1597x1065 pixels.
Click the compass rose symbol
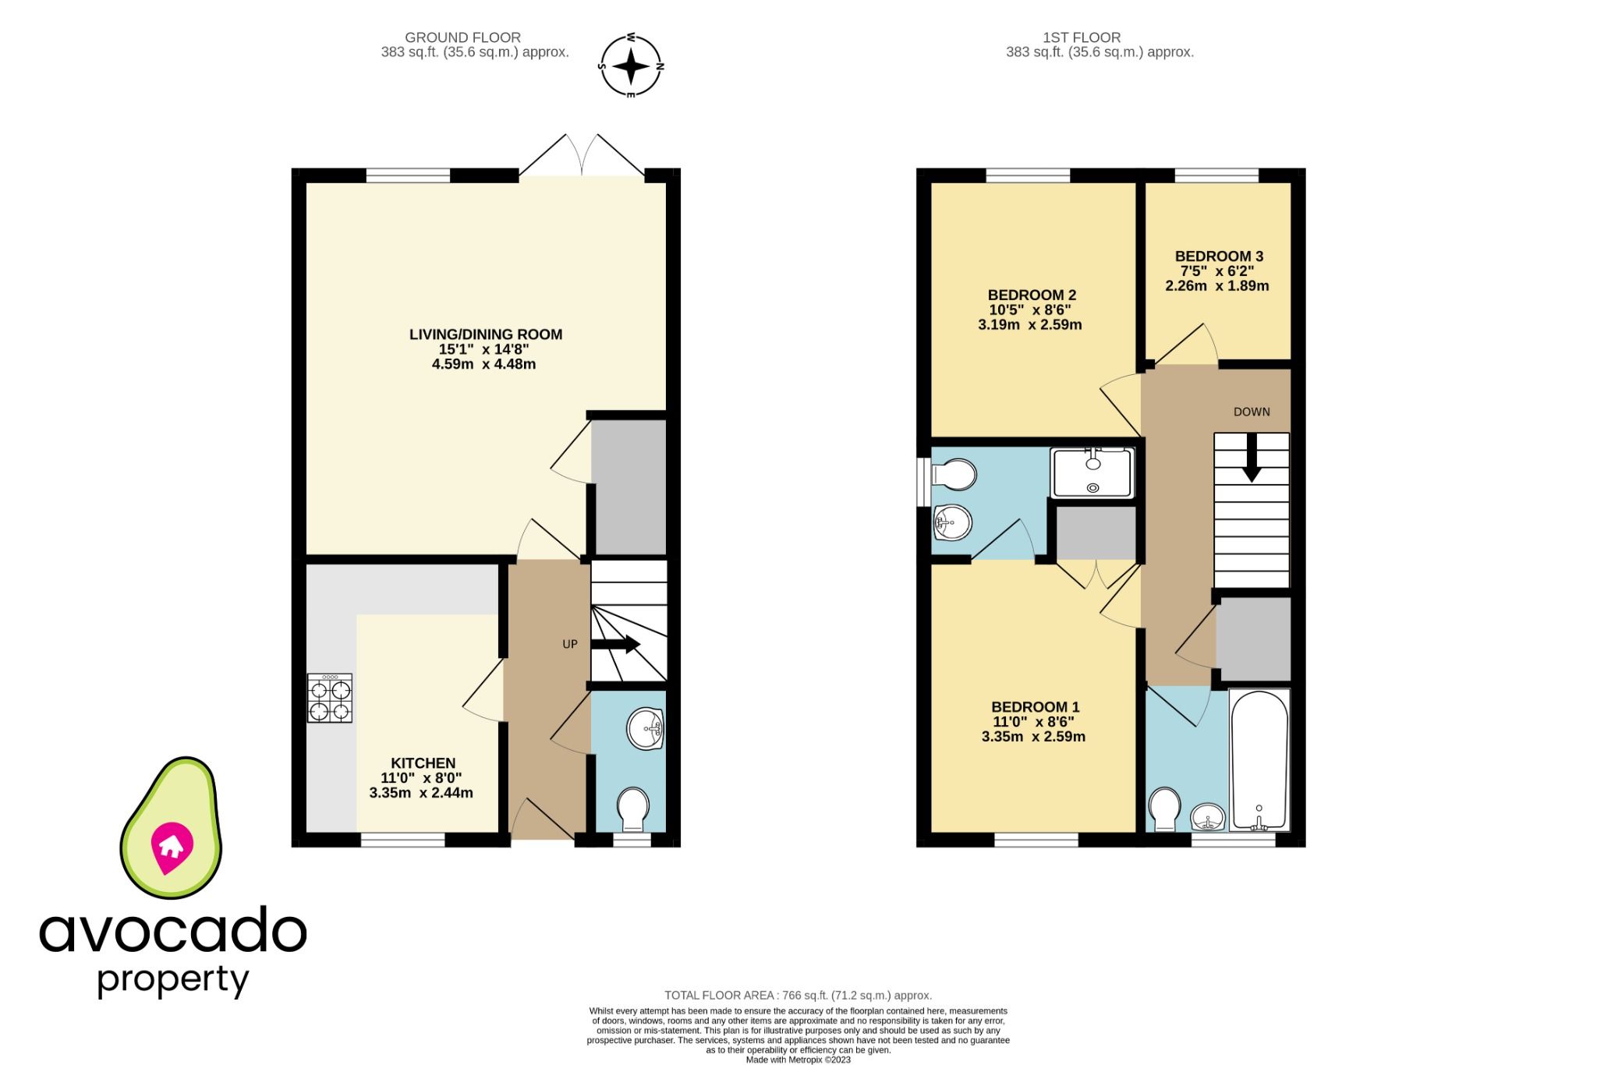pyautogui.click(x=631, y=66)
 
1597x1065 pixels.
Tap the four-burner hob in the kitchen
pyautogui.click(x=330, y=699)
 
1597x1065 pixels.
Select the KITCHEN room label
pyautogui.click(x=423, y=763)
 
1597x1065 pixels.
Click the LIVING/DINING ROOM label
pyautogui.click(x=486, y=334)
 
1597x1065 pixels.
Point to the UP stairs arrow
pyautogui.click(x=616, y=645)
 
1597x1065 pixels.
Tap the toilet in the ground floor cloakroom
pyautogui.click(x=632, y=808)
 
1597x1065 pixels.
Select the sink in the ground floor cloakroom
pyautogui.click(x=645, y=729)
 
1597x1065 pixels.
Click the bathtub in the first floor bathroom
pyautogui.click(x=1259, y=760)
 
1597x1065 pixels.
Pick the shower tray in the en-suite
pyautogui.click(x=1092, y=472)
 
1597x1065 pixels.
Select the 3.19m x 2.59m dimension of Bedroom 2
pyautogui.click(x=1029, y=325)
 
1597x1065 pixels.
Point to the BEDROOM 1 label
pyautogui.click(x=1035, y=707)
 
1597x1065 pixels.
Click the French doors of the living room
pyautogui.click(x=582, y=157)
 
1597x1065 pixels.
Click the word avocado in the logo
pyautogui.click(x=172, y=931)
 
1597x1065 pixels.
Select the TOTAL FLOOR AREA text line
pyautogui.click(x=798, y=996)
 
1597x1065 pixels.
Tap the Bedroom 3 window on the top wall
pyautogui.click(x=1216, y=176)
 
